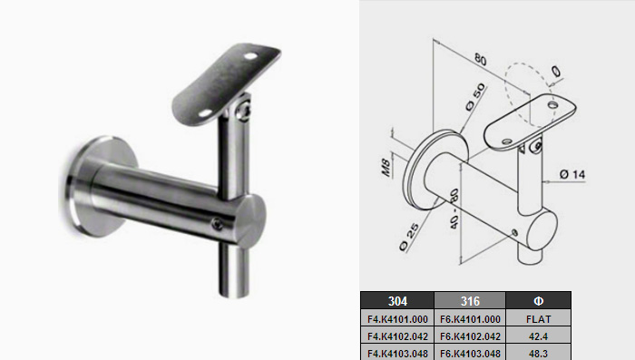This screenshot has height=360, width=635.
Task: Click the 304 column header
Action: [397, 301]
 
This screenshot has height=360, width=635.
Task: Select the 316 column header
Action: [470, 301]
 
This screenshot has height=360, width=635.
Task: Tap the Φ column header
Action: [538, 301]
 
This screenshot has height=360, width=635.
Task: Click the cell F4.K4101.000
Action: [397, 318]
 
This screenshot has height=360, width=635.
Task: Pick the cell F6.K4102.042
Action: [470, 336]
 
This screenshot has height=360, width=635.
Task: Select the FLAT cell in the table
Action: [538, 318]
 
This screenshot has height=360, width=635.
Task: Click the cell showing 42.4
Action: [538, 336]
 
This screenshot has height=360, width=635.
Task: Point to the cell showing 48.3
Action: [538, 353]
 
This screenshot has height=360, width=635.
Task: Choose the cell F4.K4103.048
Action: [397, 353]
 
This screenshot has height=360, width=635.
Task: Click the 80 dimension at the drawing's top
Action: [480, 59]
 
